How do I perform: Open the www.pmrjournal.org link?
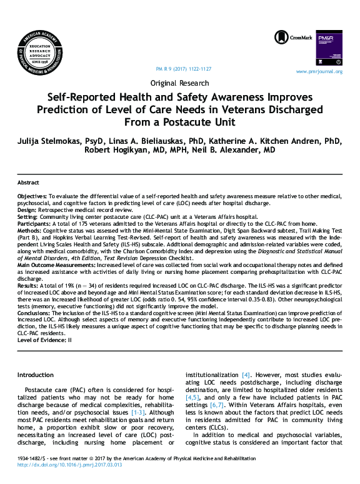pyautogui.click(x=319, y=71)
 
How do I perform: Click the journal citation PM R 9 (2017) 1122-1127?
pyautogui.click(x=182, y=68)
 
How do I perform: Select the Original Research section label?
pyautogui.click(x=180, y=83)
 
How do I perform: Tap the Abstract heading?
pyautogui.click(x=27, y=183)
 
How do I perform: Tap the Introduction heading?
pyautogui.click(x=35, y=374)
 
